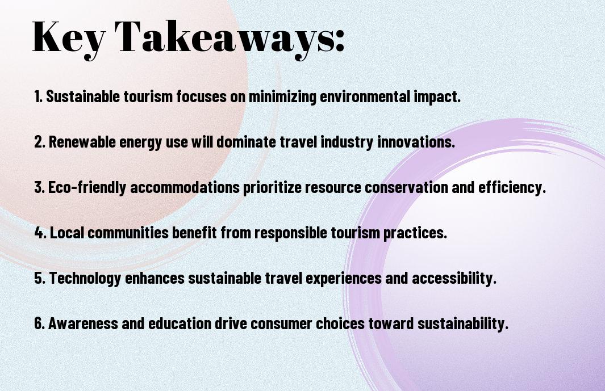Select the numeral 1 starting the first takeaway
pos(37,96)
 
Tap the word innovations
pos(416,141)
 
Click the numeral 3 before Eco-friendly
pos(39,187)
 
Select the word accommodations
pos(185,187)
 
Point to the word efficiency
pos(512,188)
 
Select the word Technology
pos(85,279)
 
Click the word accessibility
pos(454,279)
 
